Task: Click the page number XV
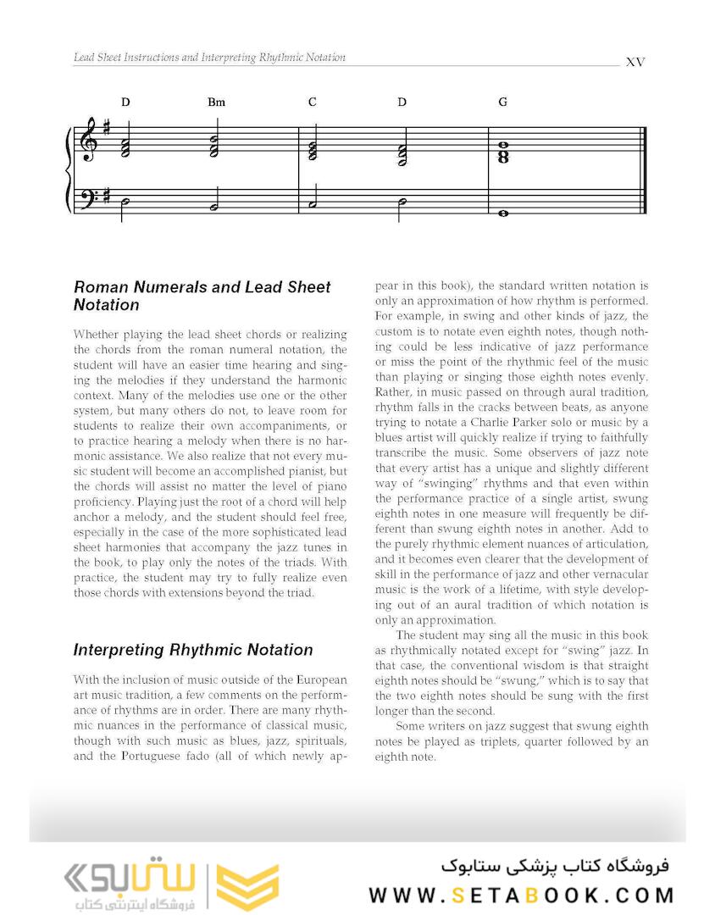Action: [635, 62]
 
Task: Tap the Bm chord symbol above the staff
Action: [216, 103]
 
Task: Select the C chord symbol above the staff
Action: [313, 103]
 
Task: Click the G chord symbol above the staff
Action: [502, 103]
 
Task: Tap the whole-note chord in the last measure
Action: [503, 152]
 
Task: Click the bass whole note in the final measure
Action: [503, 213]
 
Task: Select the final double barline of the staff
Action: [646, 169]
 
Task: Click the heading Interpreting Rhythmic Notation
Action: [193, 650]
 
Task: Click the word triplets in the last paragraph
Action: [487, 741]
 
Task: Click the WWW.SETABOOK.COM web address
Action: [521, 895]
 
